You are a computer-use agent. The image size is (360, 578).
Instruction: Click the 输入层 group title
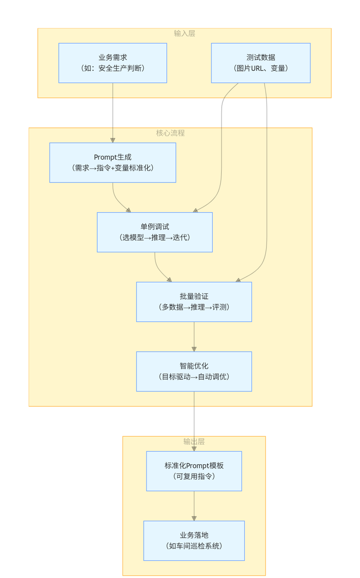point(184,33)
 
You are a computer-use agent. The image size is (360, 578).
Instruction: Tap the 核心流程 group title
point(170,133)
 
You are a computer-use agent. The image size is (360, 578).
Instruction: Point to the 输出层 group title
point(194,442)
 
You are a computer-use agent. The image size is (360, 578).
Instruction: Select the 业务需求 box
point(113,63)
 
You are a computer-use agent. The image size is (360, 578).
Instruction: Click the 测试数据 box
point(261,63)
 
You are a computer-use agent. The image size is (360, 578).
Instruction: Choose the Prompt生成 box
point(113,163)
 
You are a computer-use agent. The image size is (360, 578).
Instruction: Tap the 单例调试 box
point(155,232)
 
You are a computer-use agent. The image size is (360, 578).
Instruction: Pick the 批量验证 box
point(194,302)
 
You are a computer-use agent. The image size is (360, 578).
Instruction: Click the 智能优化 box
point(194,371)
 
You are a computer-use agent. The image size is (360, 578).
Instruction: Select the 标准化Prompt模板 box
point(194,471)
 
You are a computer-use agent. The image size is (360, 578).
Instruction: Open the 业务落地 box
point(194,541)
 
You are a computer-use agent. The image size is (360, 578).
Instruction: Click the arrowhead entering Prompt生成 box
point(113,140)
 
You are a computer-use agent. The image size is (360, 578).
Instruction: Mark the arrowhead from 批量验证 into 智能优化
point(194,349)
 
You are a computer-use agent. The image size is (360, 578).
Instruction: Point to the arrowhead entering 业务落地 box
point(194,518)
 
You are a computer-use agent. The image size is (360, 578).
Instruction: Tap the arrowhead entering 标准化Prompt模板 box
point(194,449)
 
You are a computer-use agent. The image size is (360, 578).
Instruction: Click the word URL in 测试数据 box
point(257,68)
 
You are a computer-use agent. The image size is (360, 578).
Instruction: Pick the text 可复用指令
point(194,476)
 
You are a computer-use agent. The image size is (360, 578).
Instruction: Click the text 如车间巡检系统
point(194,546)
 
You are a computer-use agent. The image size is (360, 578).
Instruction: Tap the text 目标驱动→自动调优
point(194,377)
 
